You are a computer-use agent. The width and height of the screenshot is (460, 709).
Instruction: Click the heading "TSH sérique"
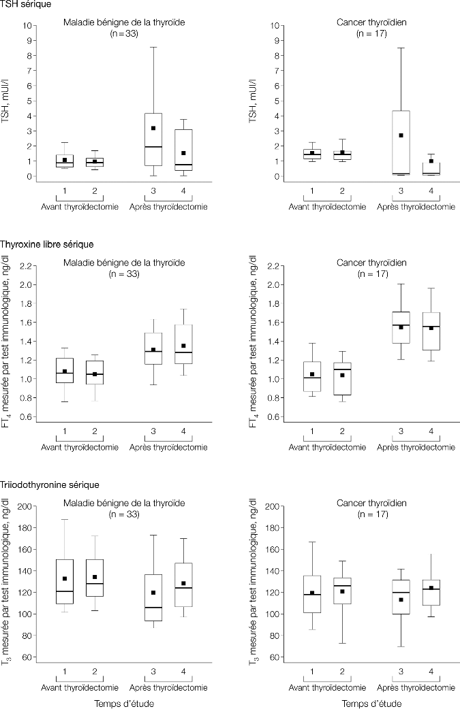(x=21, y=5)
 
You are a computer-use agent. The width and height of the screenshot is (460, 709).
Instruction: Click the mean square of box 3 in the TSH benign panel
(x=153, y=128)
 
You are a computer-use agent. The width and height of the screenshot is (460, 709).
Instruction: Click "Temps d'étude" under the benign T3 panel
(x=123, y=704)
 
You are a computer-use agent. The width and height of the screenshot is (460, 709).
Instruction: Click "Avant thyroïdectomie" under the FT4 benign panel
(x=80, y=447)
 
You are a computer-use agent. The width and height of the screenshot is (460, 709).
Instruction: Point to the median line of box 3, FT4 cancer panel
(x=401, y=325)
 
